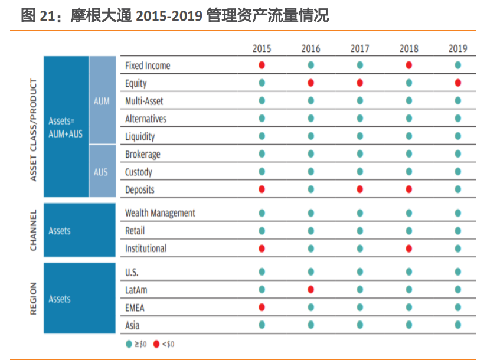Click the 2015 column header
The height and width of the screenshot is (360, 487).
pyautogui.click(x=262, y=48)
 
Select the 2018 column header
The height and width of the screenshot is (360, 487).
pyautogui.click(x=408, y=48)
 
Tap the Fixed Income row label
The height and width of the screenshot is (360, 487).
pyautogui.click(x=148, y=66)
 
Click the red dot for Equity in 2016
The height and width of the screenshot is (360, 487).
pyautogui.click(x=311, y=83)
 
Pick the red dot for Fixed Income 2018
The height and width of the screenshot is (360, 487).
pyautogui.click(x=408, y=66)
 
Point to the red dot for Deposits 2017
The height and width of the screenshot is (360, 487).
pyautogui.click(x=360, y=189)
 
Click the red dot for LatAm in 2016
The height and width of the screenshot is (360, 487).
pyautogui.click(x=311, y=290)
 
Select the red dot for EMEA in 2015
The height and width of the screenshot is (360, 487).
pyautogui.click(x=262, y=307)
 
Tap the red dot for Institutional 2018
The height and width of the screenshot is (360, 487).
pyautogui.click(x=408, y=248)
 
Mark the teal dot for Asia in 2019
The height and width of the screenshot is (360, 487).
pyautogui.click(x=457, y=325)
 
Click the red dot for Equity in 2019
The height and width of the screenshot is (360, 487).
pyautogui.click(x=457, y=83)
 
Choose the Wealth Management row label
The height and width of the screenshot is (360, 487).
pyautogui.click(x=160, y=213)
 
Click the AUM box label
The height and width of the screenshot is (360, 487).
pyautogui.click(x=102, y=102)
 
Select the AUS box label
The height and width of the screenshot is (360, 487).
pyautogui.click(x=101, y=172)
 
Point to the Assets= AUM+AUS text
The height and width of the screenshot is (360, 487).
pyautogui.click(x=66, y=128)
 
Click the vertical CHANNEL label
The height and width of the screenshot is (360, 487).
pyautogui.click(x=33, y=230)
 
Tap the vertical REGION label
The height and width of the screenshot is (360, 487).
pyautogui.click(x=33, y=299)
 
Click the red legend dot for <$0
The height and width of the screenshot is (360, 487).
pyautogui.click(x=156, y=343)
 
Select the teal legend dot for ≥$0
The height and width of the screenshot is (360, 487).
pyautogui.click(x=128, y=343)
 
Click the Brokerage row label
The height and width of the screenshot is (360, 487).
pyautogui.click(x=142, y=155)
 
